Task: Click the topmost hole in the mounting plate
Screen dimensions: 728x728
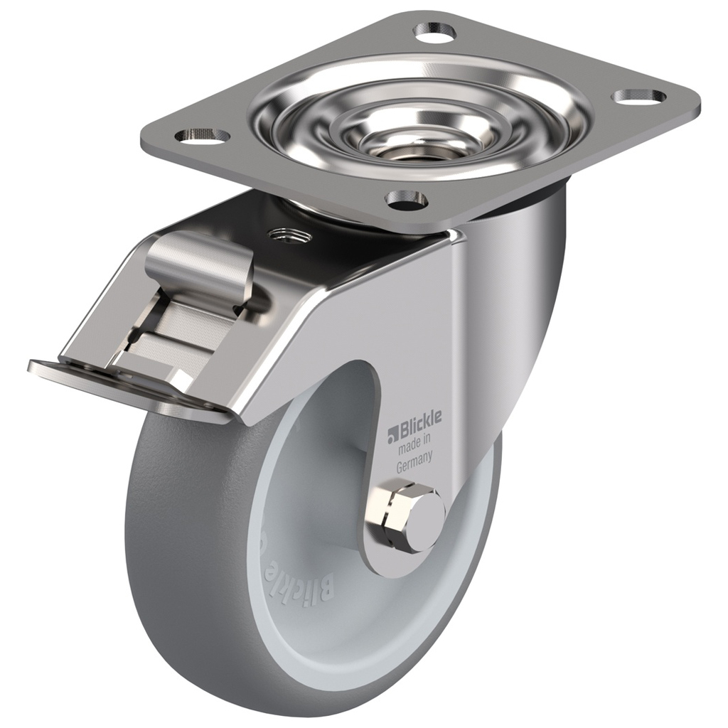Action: (x=435, y=31)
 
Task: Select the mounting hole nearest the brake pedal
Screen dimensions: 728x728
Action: (x=202, y=134)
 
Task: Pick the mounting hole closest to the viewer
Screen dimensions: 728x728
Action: (x=406, y=200)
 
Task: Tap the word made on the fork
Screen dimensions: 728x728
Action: (x=409, y=448)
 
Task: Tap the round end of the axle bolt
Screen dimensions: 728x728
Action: (x=424, y=523)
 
